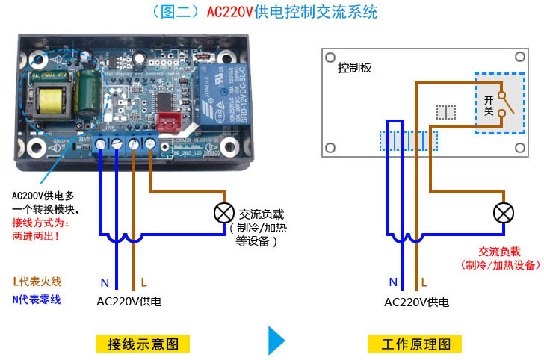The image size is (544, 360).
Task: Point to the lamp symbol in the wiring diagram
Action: pos(223,213)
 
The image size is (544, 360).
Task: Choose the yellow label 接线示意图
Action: pos(143,344)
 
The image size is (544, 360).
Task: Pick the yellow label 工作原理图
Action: pos(415,344)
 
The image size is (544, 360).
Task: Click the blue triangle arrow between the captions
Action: pos(276,340)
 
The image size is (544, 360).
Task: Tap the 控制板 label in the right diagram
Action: pos(354,67)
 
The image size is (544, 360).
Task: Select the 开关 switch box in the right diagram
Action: pos(498,103)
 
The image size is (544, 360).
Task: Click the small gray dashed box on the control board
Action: pos(446,112)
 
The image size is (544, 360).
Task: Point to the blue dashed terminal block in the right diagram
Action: pos(408,141)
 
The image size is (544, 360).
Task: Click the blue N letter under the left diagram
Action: pos(105,283)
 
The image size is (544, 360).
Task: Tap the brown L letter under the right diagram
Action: pos(424,282)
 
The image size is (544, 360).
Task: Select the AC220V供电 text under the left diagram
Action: pos(129,302)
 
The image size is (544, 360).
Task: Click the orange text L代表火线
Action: pos(37,282)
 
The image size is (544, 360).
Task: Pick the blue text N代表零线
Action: pos(37,300)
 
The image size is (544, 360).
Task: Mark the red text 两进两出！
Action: pos(36,236)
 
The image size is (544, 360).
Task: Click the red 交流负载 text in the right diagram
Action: pos(500,252)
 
